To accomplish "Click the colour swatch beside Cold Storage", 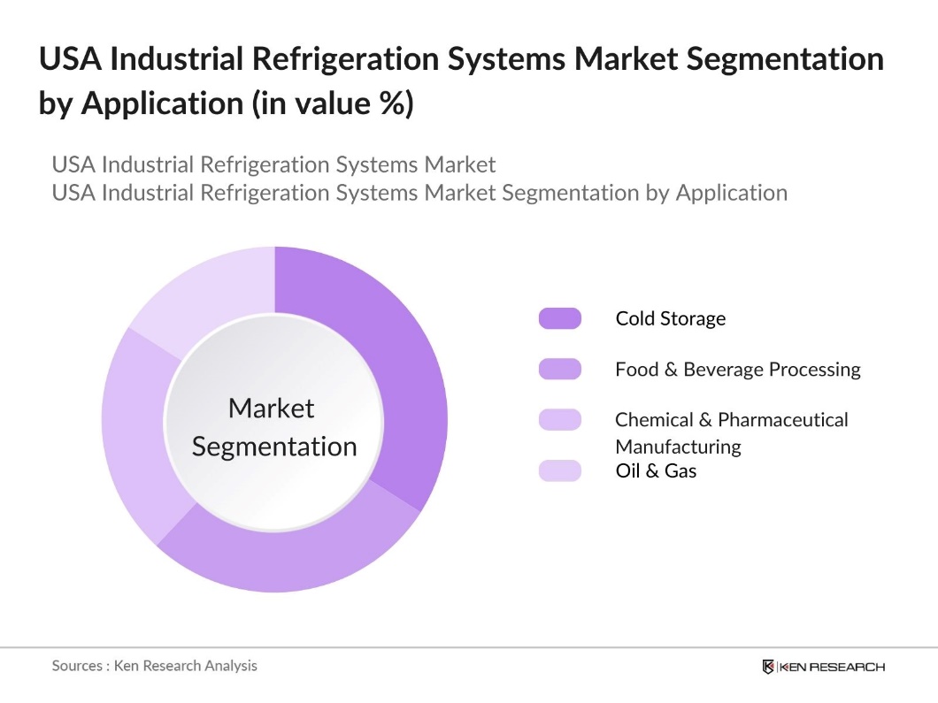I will coord(559,318).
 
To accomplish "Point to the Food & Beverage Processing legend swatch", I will coord(559,369).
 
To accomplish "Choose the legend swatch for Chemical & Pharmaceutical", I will coord(559,420).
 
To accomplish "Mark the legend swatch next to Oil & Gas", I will coord(559,470).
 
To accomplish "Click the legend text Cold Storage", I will coord(670,318).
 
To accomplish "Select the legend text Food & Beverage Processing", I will coord(737,369).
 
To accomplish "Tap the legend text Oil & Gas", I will coord(656,470).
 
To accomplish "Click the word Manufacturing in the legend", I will coord(678,446).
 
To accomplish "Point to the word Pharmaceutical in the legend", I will coord(783,419).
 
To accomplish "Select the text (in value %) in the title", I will coord(333,103).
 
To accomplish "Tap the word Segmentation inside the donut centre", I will coord(274,447).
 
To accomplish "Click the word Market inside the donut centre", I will coord(272,408).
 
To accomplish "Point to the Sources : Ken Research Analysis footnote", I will coord(154,665).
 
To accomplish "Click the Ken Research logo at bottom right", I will coord(823,667).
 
